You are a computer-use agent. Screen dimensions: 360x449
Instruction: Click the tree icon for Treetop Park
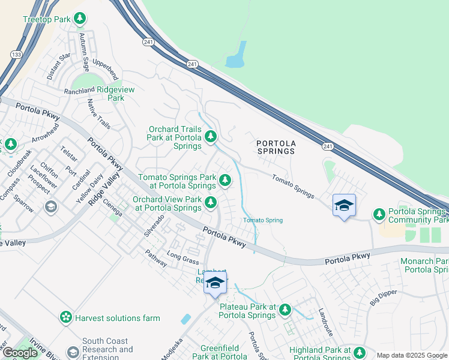coord(80,19)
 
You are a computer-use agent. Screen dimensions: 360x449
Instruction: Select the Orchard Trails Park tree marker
coord(210,137)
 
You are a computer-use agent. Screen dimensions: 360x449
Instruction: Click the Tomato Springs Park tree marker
coord(224,179)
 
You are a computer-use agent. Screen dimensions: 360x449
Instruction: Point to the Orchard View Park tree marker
coord(210,203)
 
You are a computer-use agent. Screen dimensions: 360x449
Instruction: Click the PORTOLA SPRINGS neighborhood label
coord(276,147)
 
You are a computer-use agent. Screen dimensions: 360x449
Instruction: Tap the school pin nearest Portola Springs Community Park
coord(343,205)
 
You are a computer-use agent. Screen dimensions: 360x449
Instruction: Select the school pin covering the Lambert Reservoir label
coord(215,283)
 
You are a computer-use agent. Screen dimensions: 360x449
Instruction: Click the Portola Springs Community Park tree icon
coord(379,214)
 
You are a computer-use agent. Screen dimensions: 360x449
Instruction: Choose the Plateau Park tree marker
coord(285,310)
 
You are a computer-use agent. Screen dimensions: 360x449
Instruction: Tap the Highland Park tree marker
coord(360,352)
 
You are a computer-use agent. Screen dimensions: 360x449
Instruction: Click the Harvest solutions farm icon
coord(66,317)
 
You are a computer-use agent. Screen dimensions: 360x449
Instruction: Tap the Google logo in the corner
coord(20,353)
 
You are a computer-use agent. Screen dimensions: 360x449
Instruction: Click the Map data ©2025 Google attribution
coord(411,355)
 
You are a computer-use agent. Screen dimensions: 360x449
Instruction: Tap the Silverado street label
coord(154,226)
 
